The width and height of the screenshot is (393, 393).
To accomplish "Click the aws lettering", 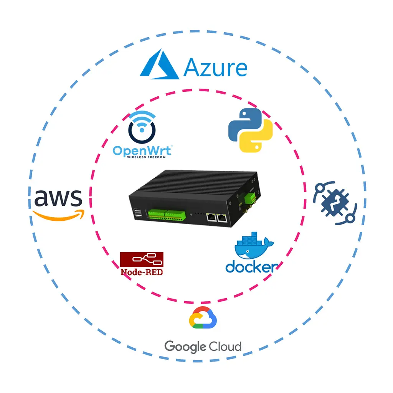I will pyautogui.click(x=58, y=198).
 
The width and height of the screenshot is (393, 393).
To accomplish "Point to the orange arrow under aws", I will pyautogui.click(x=58, y=216).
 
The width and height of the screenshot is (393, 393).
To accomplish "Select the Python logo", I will pyautogui.click(x=250, y=130).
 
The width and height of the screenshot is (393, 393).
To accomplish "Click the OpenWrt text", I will pyautogui.click(x=142, y=150).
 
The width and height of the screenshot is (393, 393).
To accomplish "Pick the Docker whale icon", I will pyautogui.click(x=254, y=246).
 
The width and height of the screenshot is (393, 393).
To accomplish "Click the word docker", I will pyautogui.click(x=251, y=267).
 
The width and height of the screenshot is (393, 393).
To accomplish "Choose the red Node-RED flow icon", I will pyautogui.click(x=142, y=260).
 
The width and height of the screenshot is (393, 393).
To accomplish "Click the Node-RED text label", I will pyautogui.click(x=142, y=272).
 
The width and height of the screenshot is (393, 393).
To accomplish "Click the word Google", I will pyautogui.click(x=185, y=347).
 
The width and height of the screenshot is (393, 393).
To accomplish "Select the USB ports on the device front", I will pyautogui.click(x=137, y=215).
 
